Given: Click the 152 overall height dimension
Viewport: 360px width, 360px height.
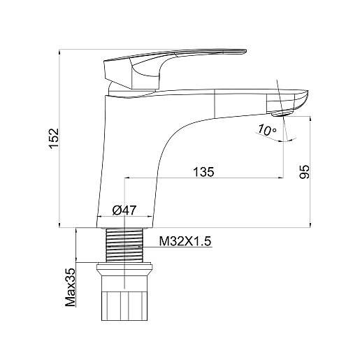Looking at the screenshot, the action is click(x=54, y=138).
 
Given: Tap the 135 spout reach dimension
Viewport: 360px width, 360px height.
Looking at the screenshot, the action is click(x=203, y=172).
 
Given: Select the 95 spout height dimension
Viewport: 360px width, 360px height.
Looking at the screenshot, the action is click(x=304, y=172).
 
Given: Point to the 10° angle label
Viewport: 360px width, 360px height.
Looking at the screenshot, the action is click(x=266, y=130).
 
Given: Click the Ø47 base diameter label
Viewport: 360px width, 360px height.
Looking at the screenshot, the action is click(x=124, y=210).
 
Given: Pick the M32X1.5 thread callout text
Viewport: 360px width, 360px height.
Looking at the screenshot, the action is click(x=185, y=241).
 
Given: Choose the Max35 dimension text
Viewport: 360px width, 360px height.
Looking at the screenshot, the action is click(x=71, y=287).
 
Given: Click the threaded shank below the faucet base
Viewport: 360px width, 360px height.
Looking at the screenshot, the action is click(x=124, y=245).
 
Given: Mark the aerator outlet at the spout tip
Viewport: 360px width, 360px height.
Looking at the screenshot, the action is click(x=282, y=113).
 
